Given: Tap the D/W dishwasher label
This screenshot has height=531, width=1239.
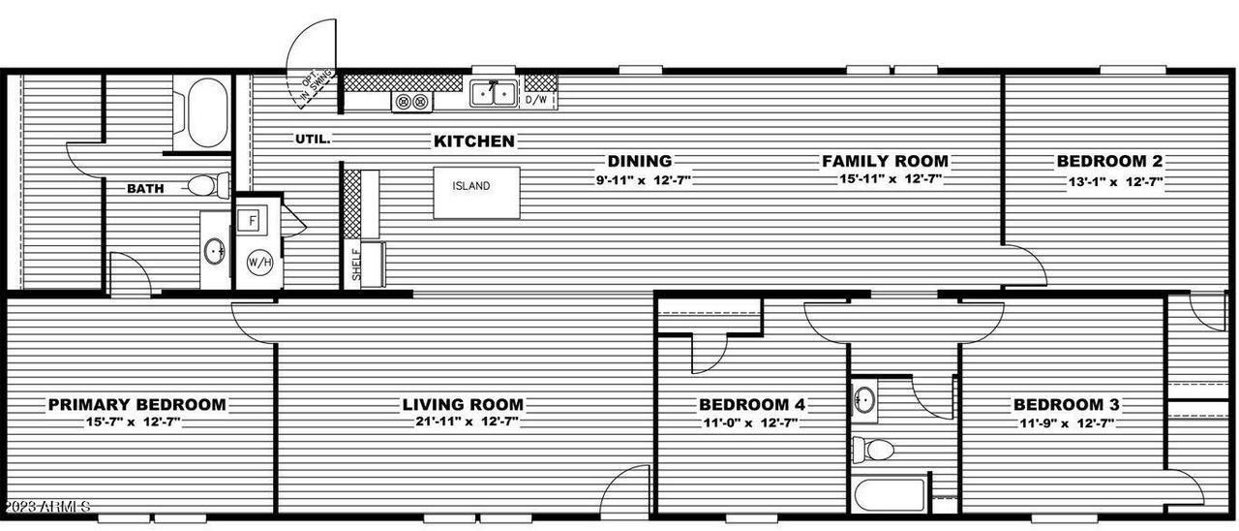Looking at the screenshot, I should pos(536,99).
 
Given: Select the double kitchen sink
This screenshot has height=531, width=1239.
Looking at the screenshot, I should pos(494,93).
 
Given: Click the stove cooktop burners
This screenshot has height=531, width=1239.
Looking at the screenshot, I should pos(412,101).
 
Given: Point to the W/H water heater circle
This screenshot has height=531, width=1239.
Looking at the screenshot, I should pos(258,263).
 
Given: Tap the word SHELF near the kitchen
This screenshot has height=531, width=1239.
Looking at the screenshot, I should pos(356,263).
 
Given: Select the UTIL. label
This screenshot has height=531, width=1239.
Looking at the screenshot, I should pos(313,139).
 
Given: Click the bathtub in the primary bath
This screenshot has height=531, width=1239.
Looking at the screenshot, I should pos(205,111).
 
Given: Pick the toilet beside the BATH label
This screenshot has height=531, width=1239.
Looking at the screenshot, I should pos(206,184).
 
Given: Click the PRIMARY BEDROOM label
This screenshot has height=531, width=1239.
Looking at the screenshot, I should pos(137,404).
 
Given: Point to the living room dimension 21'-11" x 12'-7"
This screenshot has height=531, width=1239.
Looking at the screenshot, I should pos(463,422).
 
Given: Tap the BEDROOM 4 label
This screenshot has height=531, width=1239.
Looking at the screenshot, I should pos(752,404).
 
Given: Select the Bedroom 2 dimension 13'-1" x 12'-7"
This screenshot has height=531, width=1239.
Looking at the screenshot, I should pos(1108,181).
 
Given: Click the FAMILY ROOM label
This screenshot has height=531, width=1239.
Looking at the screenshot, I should pos(885,161).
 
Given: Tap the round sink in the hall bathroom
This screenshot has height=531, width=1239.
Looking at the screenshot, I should pos(863,399).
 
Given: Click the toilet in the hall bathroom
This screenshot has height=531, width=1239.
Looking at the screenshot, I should pos(875,450).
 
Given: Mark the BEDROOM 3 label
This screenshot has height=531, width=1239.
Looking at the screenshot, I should pos(1067,404).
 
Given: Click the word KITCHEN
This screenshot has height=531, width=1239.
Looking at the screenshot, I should pos(473,141).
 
